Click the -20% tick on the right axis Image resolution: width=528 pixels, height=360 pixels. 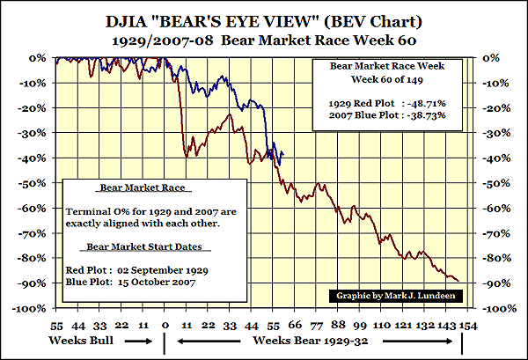[491, 108]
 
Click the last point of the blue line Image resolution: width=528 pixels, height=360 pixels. [282, 153]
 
